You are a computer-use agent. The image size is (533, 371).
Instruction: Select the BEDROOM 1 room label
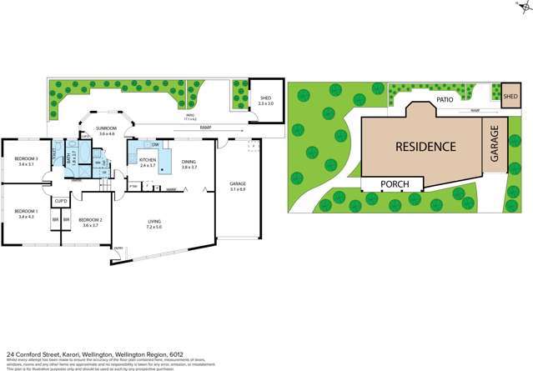coord(28,213)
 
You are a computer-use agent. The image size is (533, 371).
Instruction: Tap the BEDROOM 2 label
coord(88,222)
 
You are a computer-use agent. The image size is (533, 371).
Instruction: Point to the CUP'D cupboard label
coord(61,201)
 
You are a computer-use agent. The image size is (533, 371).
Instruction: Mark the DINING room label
coord(189,163)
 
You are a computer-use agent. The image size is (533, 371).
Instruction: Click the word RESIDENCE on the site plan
coord(425,147)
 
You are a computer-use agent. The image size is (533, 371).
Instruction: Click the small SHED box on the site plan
coord(510,96)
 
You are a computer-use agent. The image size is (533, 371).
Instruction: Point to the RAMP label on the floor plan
coord(205,127)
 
